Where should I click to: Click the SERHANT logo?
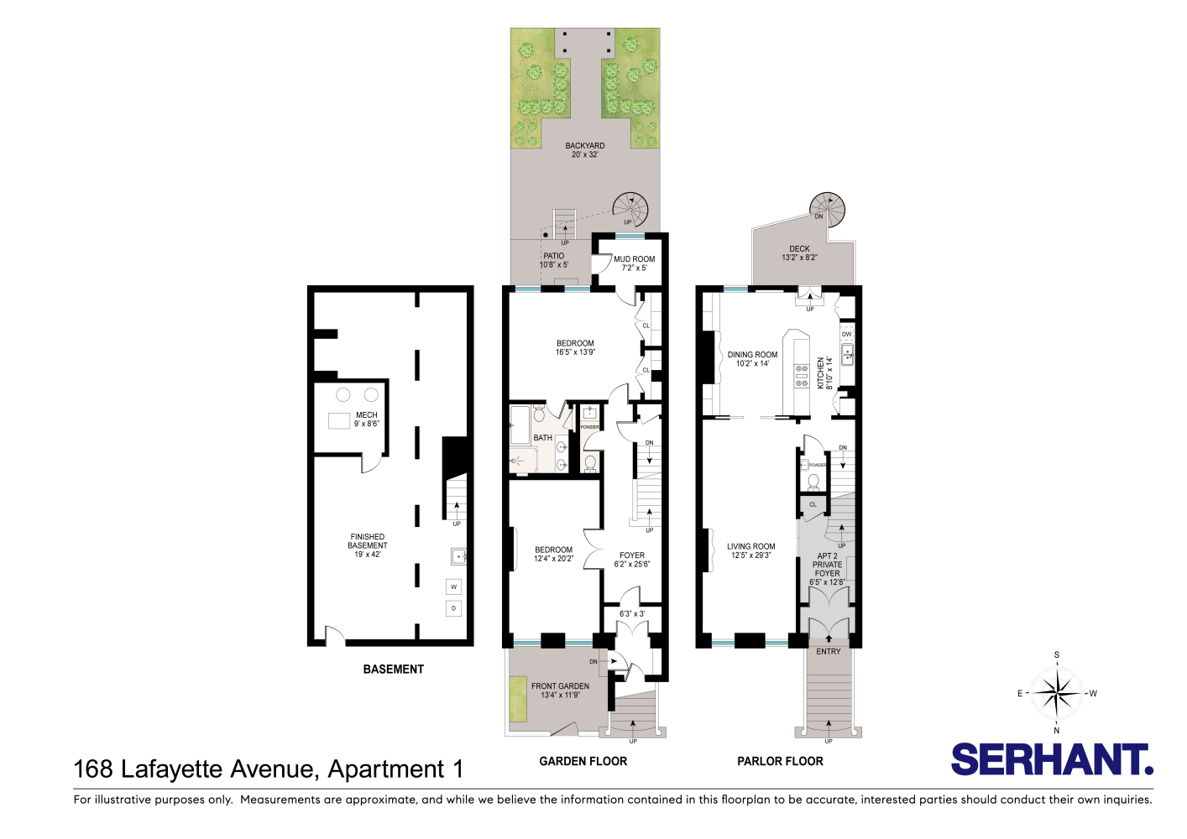pyautogui.click(x=1051, y=760)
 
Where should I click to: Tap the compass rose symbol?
pyautogui.click(x=1057, y=693)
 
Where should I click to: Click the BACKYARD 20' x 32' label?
pyautogui.click(x=585, y=150)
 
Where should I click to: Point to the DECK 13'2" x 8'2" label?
pyautogui.click(x=799, y=253)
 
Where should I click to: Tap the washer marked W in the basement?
pyautogui.click(x=453, y=586)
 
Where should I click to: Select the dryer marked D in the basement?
pyautogui.click(x=453, y=608)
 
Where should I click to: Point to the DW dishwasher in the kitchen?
pyautogui.click(x=846, y=334)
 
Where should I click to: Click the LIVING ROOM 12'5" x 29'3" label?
pyautogui.click(x=750, y=550)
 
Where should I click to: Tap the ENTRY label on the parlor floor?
pyautogui.click(x=828, y=651)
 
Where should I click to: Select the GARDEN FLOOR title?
pyautogui.click(x=583, y=761)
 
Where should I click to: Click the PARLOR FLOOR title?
pyautogui.click(x=780, y=761)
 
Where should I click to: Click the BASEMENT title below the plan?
pyautogui.click(x=393, y=669)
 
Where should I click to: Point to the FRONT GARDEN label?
pyautogui.click(x=560, y=690)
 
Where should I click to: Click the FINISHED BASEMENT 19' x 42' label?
pyautogui.click(x=368, y=545)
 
